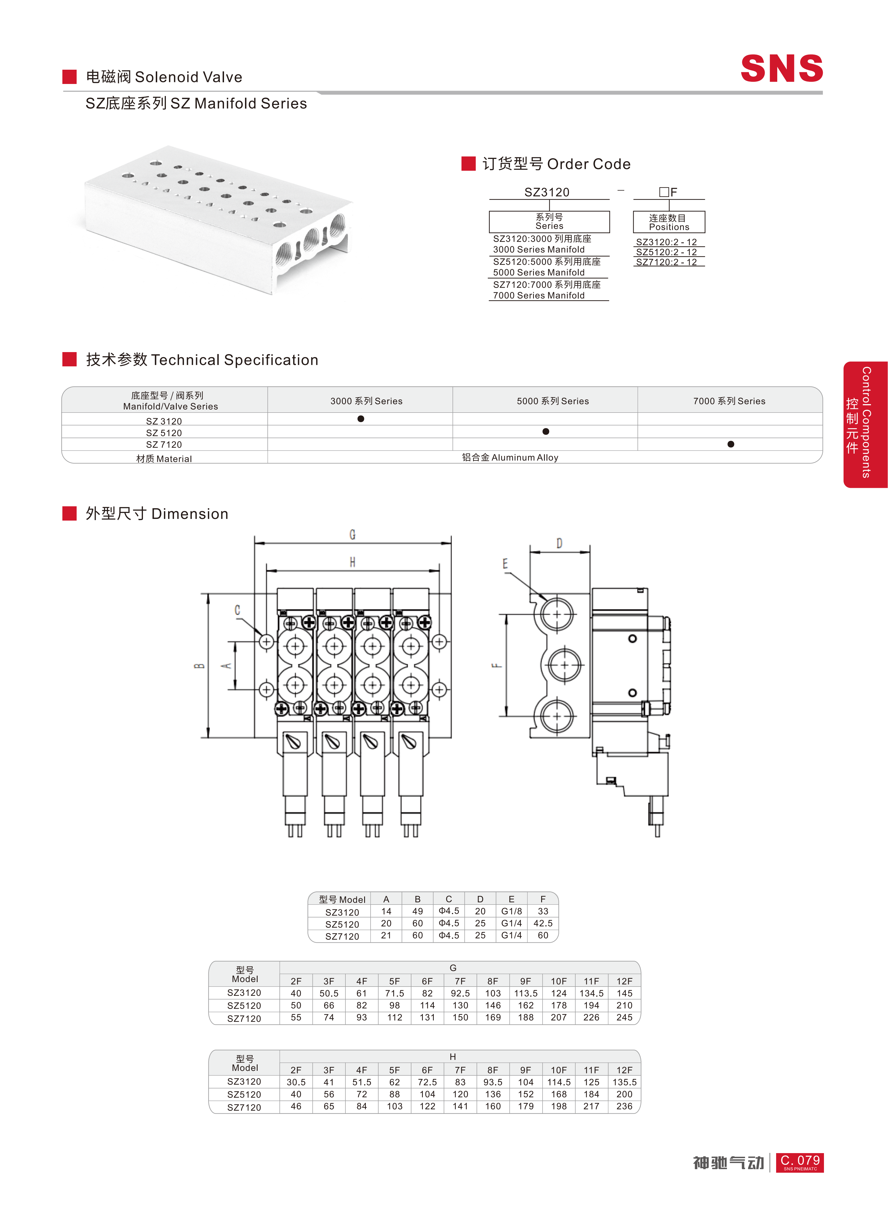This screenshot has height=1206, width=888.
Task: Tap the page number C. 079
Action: (x=800, y=1162)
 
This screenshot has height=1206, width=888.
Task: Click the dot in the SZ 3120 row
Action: (x=361, y=418)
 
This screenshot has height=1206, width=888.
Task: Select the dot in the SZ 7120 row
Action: (x=731, y=444)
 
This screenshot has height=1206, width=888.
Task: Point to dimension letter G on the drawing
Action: (x=353, y=534)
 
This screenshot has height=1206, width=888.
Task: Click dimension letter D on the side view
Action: (x=560, y=543)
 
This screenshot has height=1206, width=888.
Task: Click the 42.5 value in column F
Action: (x=543, y=923)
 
